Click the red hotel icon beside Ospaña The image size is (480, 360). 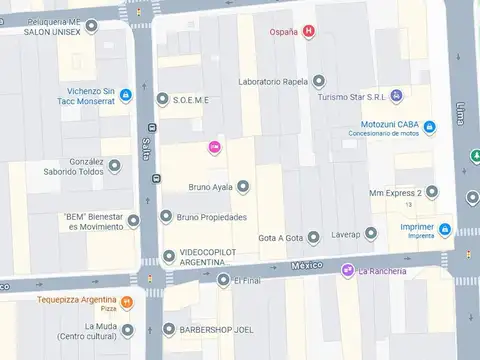[309, 32]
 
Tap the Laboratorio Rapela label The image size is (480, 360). [274, 82]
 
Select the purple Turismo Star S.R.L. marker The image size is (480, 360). [397, 95]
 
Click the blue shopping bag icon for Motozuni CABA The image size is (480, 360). [429, 127]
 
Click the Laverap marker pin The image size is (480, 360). [371, 234]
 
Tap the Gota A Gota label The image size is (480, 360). [280, 238]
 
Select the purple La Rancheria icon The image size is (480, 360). [347, 271]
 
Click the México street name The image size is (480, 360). [307, 265]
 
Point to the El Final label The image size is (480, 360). [247, 280]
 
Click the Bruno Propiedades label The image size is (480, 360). [213, 216]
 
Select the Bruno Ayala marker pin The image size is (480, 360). [243, 186]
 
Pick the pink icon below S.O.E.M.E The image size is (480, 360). [213, 148]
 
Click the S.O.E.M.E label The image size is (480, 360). [191, 98]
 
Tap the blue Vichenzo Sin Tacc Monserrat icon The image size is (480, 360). [126, 96]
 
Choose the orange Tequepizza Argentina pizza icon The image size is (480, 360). [127, 302]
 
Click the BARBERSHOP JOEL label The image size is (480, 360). [215, 329]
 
